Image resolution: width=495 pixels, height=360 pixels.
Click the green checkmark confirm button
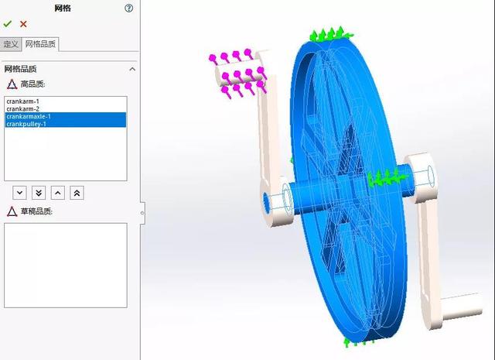8,24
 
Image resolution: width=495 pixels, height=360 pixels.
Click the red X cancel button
23,24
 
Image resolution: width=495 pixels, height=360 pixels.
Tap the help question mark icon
128,8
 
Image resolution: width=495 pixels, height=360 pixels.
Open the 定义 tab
10,44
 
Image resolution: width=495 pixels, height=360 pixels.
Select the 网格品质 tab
40,44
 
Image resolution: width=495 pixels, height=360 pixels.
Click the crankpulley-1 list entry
26,124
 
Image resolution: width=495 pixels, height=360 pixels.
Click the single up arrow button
58,192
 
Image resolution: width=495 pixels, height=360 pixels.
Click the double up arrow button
77,192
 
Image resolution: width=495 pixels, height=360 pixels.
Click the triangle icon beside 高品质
12,84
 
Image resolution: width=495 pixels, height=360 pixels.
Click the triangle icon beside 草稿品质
12,211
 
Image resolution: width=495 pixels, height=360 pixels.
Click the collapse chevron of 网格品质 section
131,69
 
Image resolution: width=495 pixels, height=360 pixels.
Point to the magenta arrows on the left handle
236,74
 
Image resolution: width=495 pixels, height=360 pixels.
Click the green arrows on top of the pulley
330,34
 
